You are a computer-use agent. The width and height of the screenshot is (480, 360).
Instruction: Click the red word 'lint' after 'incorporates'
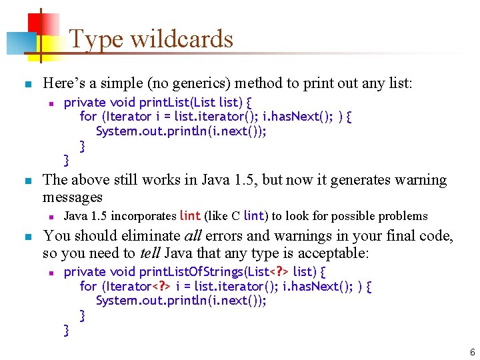point(190,215)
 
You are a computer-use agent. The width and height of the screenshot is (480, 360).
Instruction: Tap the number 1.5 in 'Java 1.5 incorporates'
point(97,215)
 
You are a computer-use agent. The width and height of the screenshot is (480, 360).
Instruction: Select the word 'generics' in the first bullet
point(187,83)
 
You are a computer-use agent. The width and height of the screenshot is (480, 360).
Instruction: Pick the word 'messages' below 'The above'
point(72,197)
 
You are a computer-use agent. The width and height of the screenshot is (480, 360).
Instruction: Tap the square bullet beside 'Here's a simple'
point(27,85)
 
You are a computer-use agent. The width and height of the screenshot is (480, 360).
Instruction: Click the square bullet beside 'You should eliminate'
point(27,236)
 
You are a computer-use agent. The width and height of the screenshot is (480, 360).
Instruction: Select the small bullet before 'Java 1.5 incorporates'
point(51,217)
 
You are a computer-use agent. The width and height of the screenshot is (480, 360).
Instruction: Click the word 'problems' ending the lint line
point(403,215)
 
